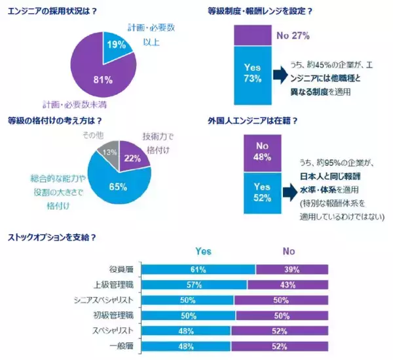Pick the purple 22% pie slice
(x=132, y=157)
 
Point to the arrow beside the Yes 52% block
(x=289, y=192)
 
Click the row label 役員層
(x=121, y=270)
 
